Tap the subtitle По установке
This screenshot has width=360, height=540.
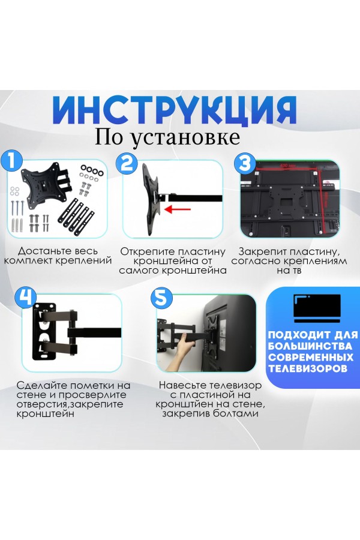(167, 137)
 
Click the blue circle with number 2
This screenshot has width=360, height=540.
(127, 163)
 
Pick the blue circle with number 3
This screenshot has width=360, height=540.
(244, 163)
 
